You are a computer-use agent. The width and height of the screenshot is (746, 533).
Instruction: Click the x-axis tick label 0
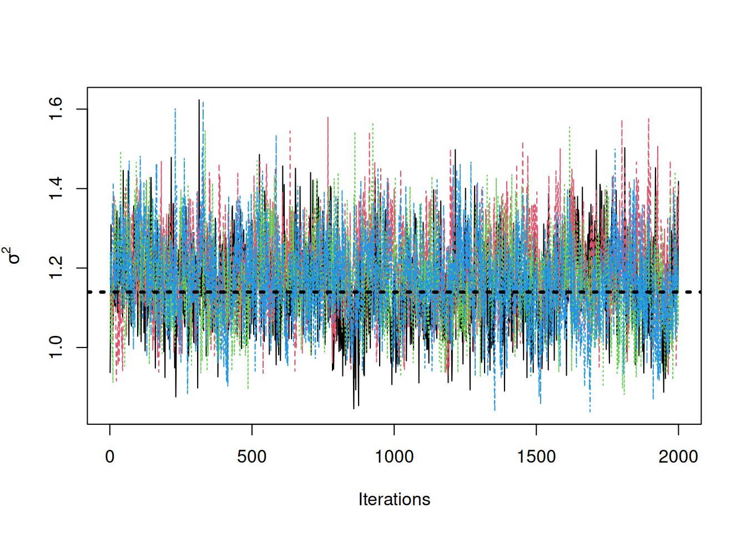point(110,457)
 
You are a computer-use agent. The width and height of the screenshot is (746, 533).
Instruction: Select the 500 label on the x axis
point(252,457)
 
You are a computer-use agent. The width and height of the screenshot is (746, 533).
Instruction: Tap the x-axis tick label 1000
point(394,457)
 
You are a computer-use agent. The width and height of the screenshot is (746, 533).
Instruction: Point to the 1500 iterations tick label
point(536,457)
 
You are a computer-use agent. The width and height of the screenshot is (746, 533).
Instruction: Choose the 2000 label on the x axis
point(678,457)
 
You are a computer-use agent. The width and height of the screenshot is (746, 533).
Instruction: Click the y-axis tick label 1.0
point(56,348)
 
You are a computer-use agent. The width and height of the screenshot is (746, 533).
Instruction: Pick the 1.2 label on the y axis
point(56,268)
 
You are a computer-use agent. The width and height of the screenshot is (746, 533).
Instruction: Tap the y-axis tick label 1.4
point(56,189)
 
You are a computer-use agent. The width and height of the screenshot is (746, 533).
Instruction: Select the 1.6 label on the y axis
point(56,109)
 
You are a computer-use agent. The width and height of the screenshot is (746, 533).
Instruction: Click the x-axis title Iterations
point(394,499)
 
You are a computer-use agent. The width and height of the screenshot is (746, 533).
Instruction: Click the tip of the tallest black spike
point(199,100)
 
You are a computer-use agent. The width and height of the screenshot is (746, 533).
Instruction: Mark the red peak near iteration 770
point(328,117)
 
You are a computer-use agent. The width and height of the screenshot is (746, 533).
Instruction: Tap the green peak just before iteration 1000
point(373,124)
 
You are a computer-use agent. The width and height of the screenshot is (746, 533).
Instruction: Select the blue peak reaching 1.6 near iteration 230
point(175,109)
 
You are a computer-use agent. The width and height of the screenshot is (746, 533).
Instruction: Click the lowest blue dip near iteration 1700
point(590,411)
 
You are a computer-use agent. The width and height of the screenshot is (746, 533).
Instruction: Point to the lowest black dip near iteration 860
point(354,409)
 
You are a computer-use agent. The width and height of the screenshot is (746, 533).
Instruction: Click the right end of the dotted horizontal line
point(700,292)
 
